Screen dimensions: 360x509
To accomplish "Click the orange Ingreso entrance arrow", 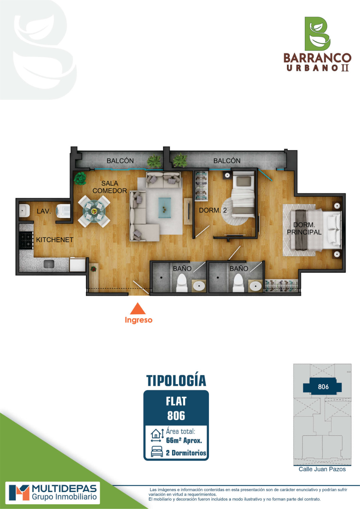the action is click(138, 308).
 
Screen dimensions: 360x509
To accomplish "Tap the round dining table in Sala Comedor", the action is click(94, 211).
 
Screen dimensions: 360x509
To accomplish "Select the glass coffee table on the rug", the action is click(165, 208).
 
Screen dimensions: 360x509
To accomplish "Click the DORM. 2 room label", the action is click(213, 210).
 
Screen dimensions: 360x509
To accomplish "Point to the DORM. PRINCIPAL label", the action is click(304, 228).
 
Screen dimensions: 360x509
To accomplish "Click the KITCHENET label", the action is click(55, 240).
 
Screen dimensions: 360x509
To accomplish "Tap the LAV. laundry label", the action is click(44, 211).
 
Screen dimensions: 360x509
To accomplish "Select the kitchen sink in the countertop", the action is click(49, 264).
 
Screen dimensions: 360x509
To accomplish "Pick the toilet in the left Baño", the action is click(182, 283).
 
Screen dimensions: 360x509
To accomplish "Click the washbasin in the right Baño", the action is click(255, 286).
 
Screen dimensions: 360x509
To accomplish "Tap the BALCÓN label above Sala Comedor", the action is click(120, 161).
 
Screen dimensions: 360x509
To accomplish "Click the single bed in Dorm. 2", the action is click(242, 194).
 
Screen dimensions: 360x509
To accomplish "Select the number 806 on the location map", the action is click(323, 387).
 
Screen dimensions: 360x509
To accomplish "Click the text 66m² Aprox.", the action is click(184, 440).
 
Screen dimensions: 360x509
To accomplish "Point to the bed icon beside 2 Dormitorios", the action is click(157, 451).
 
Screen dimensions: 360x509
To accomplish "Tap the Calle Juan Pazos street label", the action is click(322, 469).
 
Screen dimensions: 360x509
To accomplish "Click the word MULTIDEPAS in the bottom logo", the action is click(65, 489).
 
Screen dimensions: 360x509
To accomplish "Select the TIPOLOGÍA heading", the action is click(176, 381).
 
